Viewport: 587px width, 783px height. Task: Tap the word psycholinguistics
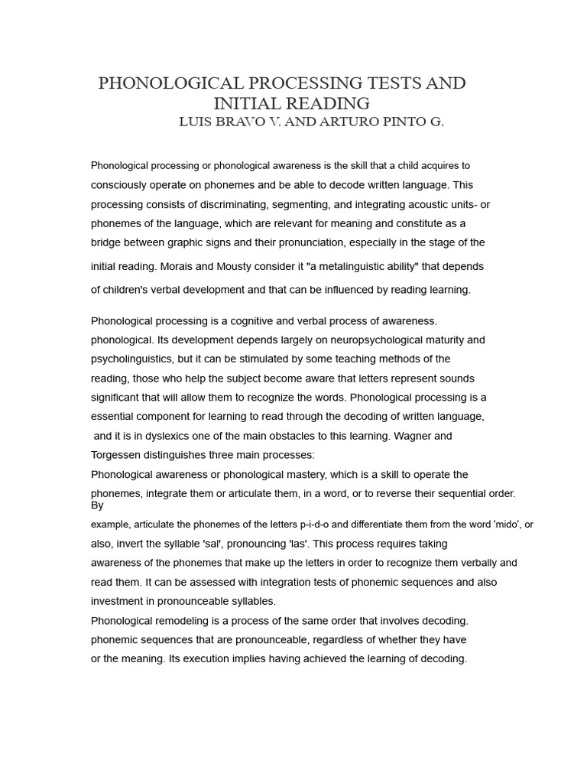[x=133, y=359]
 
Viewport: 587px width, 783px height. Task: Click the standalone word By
[x=97, y=505]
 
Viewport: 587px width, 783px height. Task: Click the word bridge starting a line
[x=108, y=242]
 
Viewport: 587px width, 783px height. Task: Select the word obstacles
[x=284, y=436]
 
